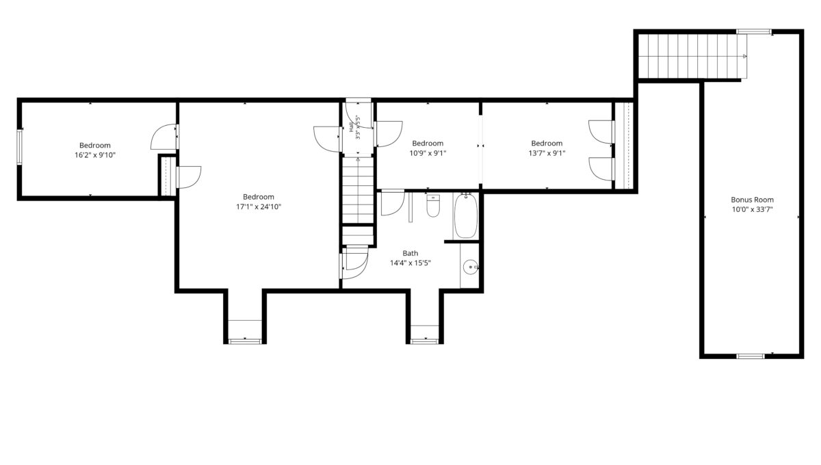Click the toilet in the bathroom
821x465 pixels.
click(x=433, y=206)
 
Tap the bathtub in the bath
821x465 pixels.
click(x=465, y=216)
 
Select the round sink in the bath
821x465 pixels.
click(x=470, y=267)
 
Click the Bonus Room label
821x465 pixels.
click(x=752, y=200)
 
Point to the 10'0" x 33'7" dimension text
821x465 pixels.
click(x=752, y=210)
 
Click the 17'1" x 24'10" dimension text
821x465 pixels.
click(x=259, y=207)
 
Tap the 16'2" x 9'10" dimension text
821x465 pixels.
click(x=95, y=155)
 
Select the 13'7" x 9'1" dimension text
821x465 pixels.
click(x=547, y=153)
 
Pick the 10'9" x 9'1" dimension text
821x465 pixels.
click(x=428, y=153)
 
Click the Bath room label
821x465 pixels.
click(x=410, y=253)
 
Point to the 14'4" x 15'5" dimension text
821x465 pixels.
click(x=410, y=263)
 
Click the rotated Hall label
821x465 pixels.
click(x=352, y=127)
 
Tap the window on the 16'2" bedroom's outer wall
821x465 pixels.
click(x=19, y=147)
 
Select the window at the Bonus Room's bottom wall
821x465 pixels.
click(x=751, y=356)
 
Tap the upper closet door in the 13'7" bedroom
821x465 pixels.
click(x=601, y=132)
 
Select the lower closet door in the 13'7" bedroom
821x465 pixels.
click(x=601, y=169)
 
